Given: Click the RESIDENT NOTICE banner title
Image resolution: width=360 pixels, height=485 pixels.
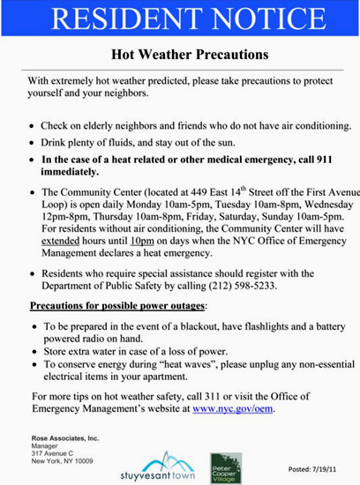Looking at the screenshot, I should tap(180, 19).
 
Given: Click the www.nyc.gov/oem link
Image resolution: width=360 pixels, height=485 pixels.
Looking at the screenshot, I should tap(233, 409).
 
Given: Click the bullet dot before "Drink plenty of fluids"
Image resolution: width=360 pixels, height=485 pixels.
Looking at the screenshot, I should tap(33, 142).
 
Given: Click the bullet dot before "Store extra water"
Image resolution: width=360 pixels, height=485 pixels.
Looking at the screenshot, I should tap(33, 350).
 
